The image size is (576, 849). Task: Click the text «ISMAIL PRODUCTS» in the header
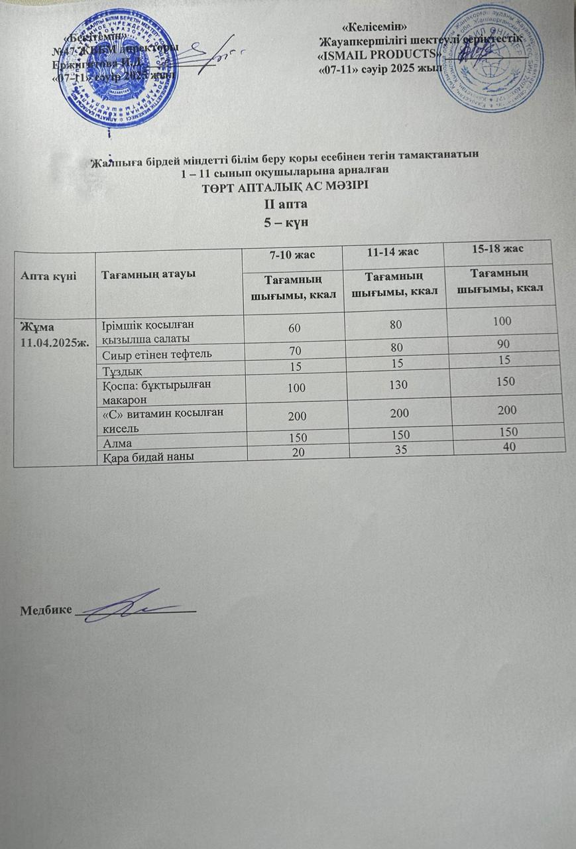(x=380, y=54)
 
